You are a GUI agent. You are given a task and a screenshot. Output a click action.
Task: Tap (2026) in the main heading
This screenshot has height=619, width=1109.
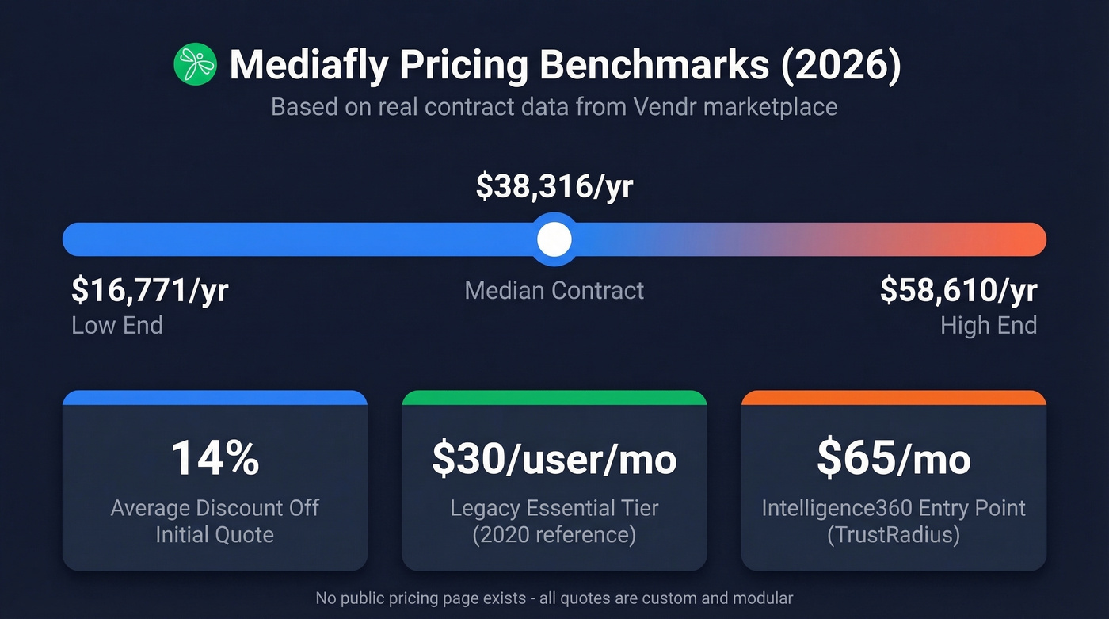(841, 65)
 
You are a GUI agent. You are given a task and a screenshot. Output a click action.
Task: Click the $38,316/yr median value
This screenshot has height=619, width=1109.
(554, 185)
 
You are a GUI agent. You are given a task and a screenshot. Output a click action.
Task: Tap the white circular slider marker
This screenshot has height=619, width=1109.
(554, 239)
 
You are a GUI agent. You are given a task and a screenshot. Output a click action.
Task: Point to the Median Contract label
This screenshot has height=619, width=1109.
(554, 290)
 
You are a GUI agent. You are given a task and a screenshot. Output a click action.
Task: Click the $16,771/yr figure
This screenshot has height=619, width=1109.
(150, 291)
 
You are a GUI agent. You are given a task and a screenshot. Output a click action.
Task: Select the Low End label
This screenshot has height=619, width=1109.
(117, 325)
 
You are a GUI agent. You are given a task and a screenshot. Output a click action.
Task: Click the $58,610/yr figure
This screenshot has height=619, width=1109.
(958, 291)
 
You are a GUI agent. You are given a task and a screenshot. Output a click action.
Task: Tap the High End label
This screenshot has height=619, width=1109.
(989, 325)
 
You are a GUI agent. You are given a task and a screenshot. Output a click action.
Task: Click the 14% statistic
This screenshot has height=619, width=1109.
(215, 458)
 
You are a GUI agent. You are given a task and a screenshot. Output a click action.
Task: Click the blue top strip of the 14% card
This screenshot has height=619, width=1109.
(215, 397)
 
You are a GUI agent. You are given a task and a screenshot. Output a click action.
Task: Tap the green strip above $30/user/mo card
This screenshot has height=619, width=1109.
(554, 397)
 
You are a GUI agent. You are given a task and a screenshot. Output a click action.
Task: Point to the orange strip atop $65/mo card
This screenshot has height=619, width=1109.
(894, 397)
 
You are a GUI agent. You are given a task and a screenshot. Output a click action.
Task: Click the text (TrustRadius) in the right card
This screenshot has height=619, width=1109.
(894, 535)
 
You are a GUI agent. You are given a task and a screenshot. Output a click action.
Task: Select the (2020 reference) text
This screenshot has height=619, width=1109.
(554, 535)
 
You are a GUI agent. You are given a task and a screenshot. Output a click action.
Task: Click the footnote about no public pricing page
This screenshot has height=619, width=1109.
(554, 598)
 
